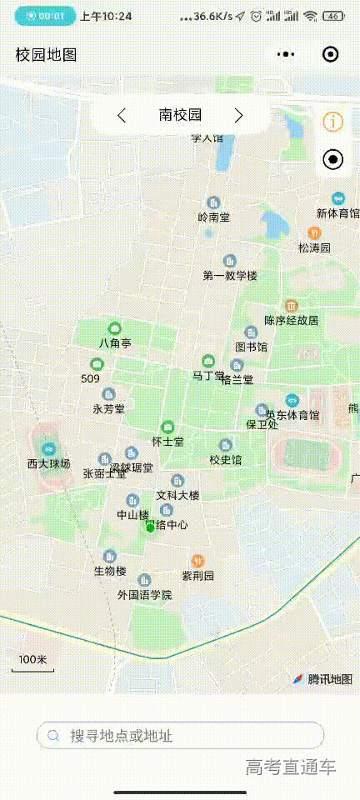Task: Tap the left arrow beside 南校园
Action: [122, 116]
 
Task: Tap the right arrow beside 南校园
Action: [238, 116]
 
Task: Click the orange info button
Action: [332, 122]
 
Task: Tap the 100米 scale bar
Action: [32, 662]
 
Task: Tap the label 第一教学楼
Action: [230, 275]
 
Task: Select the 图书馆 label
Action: [251, 347]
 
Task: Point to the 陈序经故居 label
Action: [292, 320]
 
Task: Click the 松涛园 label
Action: [315, 247]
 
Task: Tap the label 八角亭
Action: [115, 342]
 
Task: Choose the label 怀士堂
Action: [167, 441]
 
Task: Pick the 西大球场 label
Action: [48, 463]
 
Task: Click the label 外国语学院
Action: [144, 595]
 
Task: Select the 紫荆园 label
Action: [198, 575]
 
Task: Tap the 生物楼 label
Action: [110, 571]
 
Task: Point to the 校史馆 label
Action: [225, 459]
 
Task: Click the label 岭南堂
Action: [214, 217]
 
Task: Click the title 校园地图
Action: [47, 55]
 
